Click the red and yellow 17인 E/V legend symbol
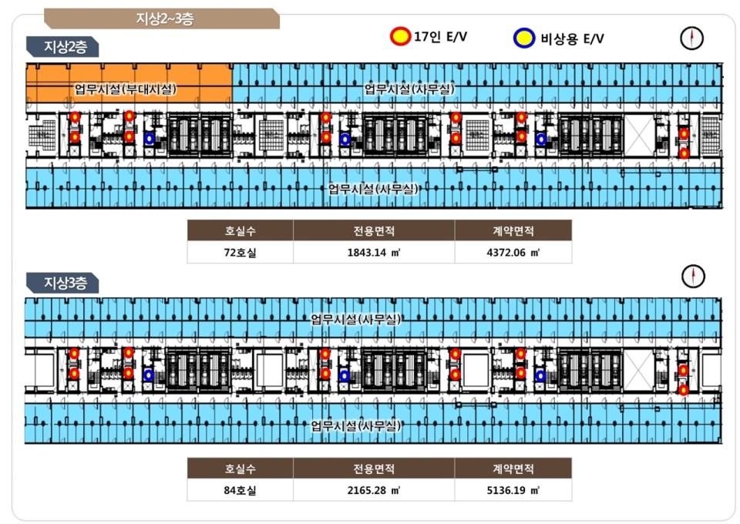pos(401,36)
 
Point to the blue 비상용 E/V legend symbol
pos(524,38)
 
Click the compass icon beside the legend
pos(692,38)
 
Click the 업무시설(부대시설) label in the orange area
pos(126,89)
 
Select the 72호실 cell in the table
pos(240,252)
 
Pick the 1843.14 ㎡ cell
pos(374,252)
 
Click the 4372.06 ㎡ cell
pos(513,252)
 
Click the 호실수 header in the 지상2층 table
pos(240,230)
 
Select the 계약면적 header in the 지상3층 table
pos(513,469)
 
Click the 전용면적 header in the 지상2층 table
pos(374,230)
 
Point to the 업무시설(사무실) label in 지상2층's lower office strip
pos(373,189)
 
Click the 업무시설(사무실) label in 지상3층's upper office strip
pos(356,318)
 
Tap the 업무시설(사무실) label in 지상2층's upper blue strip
pos(409,89)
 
